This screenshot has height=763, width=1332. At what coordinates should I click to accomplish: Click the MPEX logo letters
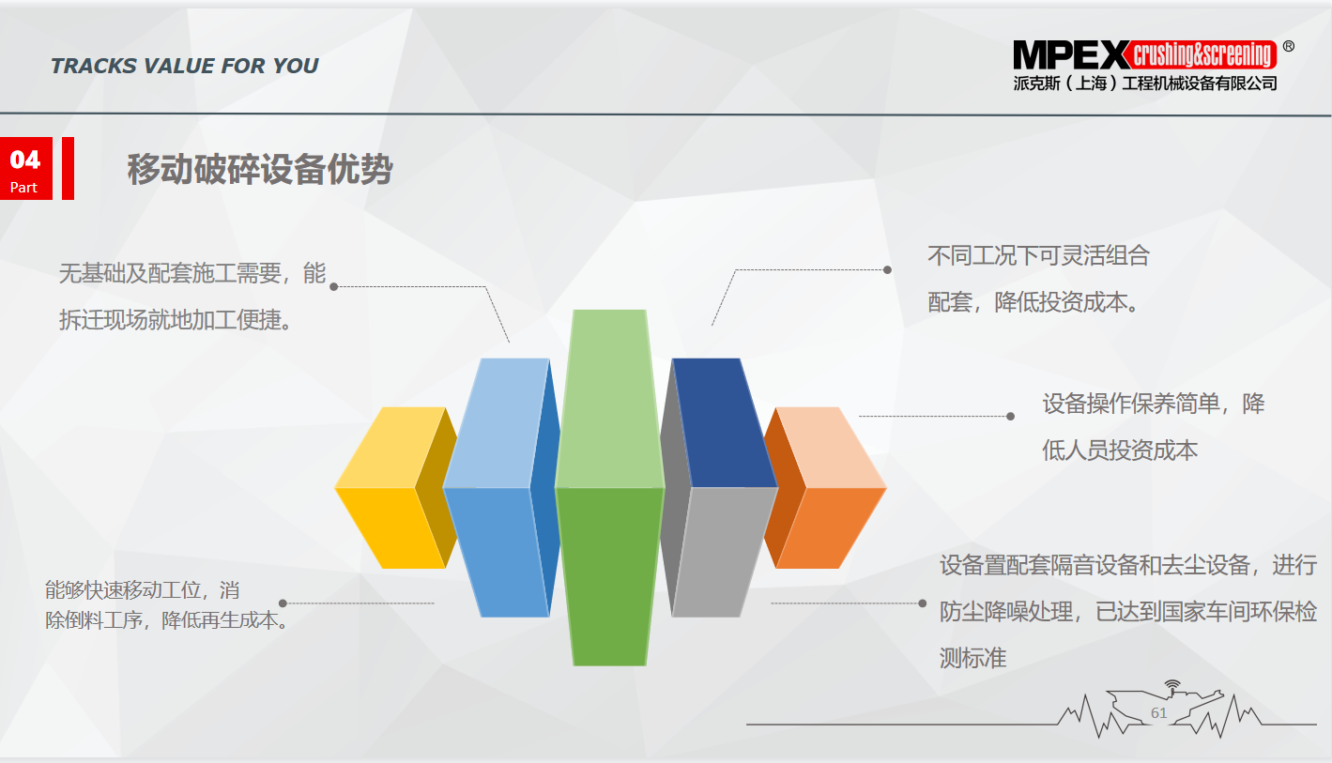coord(1071,55)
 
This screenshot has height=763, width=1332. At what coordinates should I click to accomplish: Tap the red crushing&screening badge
coord(1202,54)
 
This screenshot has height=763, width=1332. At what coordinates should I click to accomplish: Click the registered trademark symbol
coord(1289,46)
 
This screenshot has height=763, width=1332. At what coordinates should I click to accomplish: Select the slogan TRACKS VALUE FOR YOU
coord(184,66)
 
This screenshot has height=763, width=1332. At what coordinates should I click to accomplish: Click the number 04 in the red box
coord(25,160)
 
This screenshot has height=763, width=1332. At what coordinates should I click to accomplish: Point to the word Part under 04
coord(23,188)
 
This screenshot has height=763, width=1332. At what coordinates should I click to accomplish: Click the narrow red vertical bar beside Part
coord(68,168)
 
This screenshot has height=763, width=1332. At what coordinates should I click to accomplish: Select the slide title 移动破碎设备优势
coord(260,170)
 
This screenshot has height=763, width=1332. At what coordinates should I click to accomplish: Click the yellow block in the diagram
coord(396,488)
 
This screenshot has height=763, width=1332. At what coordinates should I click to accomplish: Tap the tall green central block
coord(609,488)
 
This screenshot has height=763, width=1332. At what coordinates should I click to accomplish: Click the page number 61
coord(1159,712)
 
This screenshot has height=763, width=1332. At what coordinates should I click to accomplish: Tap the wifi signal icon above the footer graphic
coord(1172,688)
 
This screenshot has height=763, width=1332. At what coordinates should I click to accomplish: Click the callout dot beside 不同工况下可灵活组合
coord(887,270)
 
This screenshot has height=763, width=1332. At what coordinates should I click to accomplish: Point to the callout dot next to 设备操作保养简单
coord(1010,417)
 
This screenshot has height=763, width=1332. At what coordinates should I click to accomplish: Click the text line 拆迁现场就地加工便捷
coord(176,321)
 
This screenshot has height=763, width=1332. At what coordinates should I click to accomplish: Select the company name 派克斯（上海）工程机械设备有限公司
coord(1145,84)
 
